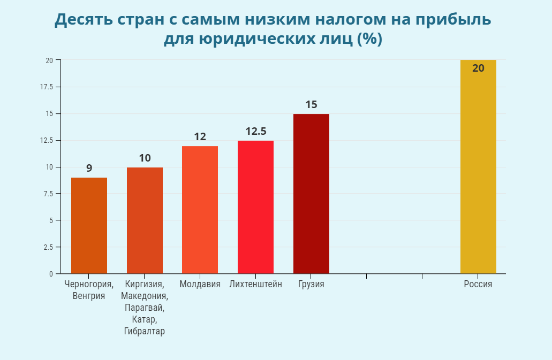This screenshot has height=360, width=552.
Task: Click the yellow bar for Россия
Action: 478,171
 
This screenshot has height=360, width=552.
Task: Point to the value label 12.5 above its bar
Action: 256,131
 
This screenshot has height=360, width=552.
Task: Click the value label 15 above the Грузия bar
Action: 311,104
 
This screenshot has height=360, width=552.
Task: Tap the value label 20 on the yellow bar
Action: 478,68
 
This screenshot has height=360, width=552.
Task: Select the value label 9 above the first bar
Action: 89,168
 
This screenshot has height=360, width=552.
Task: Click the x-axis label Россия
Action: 478,285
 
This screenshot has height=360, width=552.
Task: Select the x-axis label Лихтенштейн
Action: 255,285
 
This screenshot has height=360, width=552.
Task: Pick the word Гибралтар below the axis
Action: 145,332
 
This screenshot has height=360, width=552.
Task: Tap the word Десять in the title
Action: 88,20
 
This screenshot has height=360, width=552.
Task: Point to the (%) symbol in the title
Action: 369,40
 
